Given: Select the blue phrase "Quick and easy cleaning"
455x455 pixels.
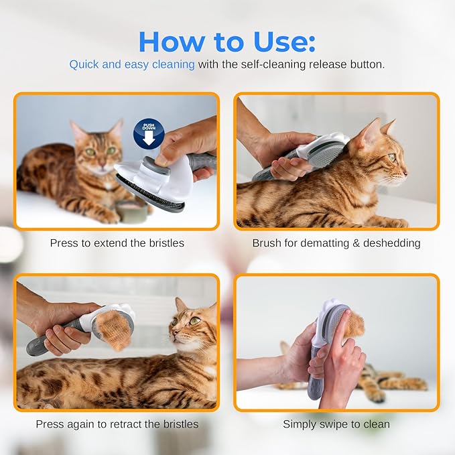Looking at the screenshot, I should pos(132,65).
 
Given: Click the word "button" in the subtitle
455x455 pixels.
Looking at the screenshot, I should pos(366,65).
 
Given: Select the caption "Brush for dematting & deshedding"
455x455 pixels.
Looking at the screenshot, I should pos(336,243).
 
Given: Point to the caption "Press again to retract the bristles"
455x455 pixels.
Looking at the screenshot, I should pos(117,424).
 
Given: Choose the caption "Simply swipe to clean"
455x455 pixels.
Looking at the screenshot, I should pos(336,424).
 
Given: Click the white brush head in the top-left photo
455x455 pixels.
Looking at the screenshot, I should pos(151,180).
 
